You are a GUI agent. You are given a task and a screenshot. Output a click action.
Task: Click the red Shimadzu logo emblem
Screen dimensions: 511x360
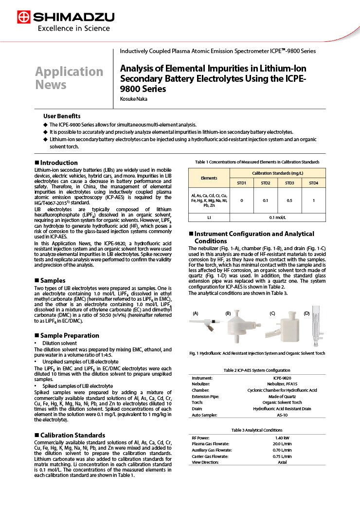pos(23,18)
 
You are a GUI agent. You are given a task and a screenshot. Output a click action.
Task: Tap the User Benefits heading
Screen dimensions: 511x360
pos(62,116)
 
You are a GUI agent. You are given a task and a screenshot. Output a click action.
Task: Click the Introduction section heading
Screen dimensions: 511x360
pos(58,163)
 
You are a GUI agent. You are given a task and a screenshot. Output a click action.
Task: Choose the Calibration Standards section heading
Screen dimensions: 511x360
pos(72,435)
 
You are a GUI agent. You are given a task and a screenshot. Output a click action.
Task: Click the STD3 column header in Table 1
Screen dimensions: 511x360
pos(289,182)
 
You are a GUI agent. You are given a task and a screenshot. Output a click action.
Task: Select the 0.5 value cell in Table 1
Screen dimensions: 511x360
pos(289,201)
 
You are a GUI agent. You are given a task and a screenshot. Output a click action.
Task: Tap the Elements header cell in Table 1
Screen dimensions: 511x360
pos(209,178)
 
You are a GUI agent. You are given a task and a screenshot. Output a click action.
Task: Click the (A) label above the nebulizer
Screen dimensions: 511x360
pos(196,313)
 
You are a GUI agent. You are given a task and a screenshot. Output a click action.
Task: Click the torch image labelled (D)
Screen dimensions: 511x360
pos(313,331)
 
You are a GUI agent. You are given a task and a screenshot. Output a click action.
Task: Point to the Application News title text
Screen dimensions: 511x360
pos(69,78)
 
